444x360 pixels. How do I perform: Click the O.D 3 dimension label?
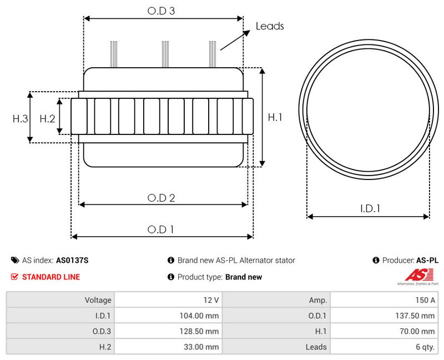click(x=161, y=11)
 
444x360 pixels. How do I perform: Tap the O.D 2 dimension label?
click(x=161, y=198)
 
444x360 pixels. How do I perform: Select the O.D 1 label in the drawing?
click(x=160, y=229)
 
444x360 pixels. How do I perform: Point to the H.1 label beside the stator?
click(x=275, y=117)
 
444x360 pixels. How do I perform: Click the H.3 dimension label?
click(x=21, y=118)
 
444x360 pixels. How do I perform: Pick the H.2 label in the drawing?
click(x=47, y=118)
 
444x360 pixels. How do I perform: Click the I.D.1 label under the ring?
click(x=370, y=209)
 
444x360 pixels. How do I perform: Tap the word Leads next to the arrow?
click(x=270, y=26)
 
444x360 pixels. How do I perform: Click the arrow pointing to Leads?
click(x=235, y=40)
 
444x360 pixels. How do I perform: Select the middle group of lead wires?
click(x=165, y=54)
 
